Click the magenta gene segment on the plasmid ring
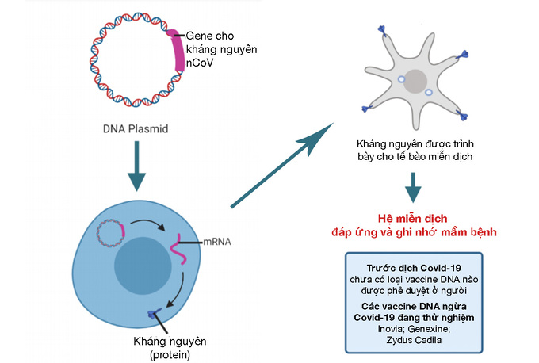(x=178, y=50)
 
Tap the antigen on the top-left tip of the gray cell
(x=383, y=32)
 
